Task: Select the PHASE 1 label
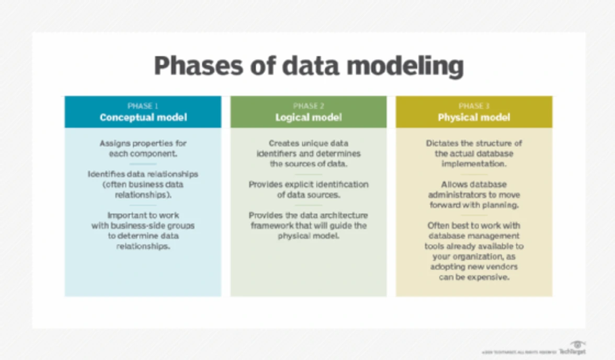pos(143,106)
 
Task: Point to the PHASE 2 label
pos(308,106)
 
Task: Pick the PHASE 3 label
pos(474,106)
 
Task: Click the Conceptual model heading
pos(143,117)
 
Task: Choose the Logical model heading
pos(308,117)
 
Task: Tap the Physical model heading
pos(474,117)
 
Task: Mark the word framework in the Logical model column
pos(274,226)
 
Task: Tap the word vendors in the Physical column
pos(500,267)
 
